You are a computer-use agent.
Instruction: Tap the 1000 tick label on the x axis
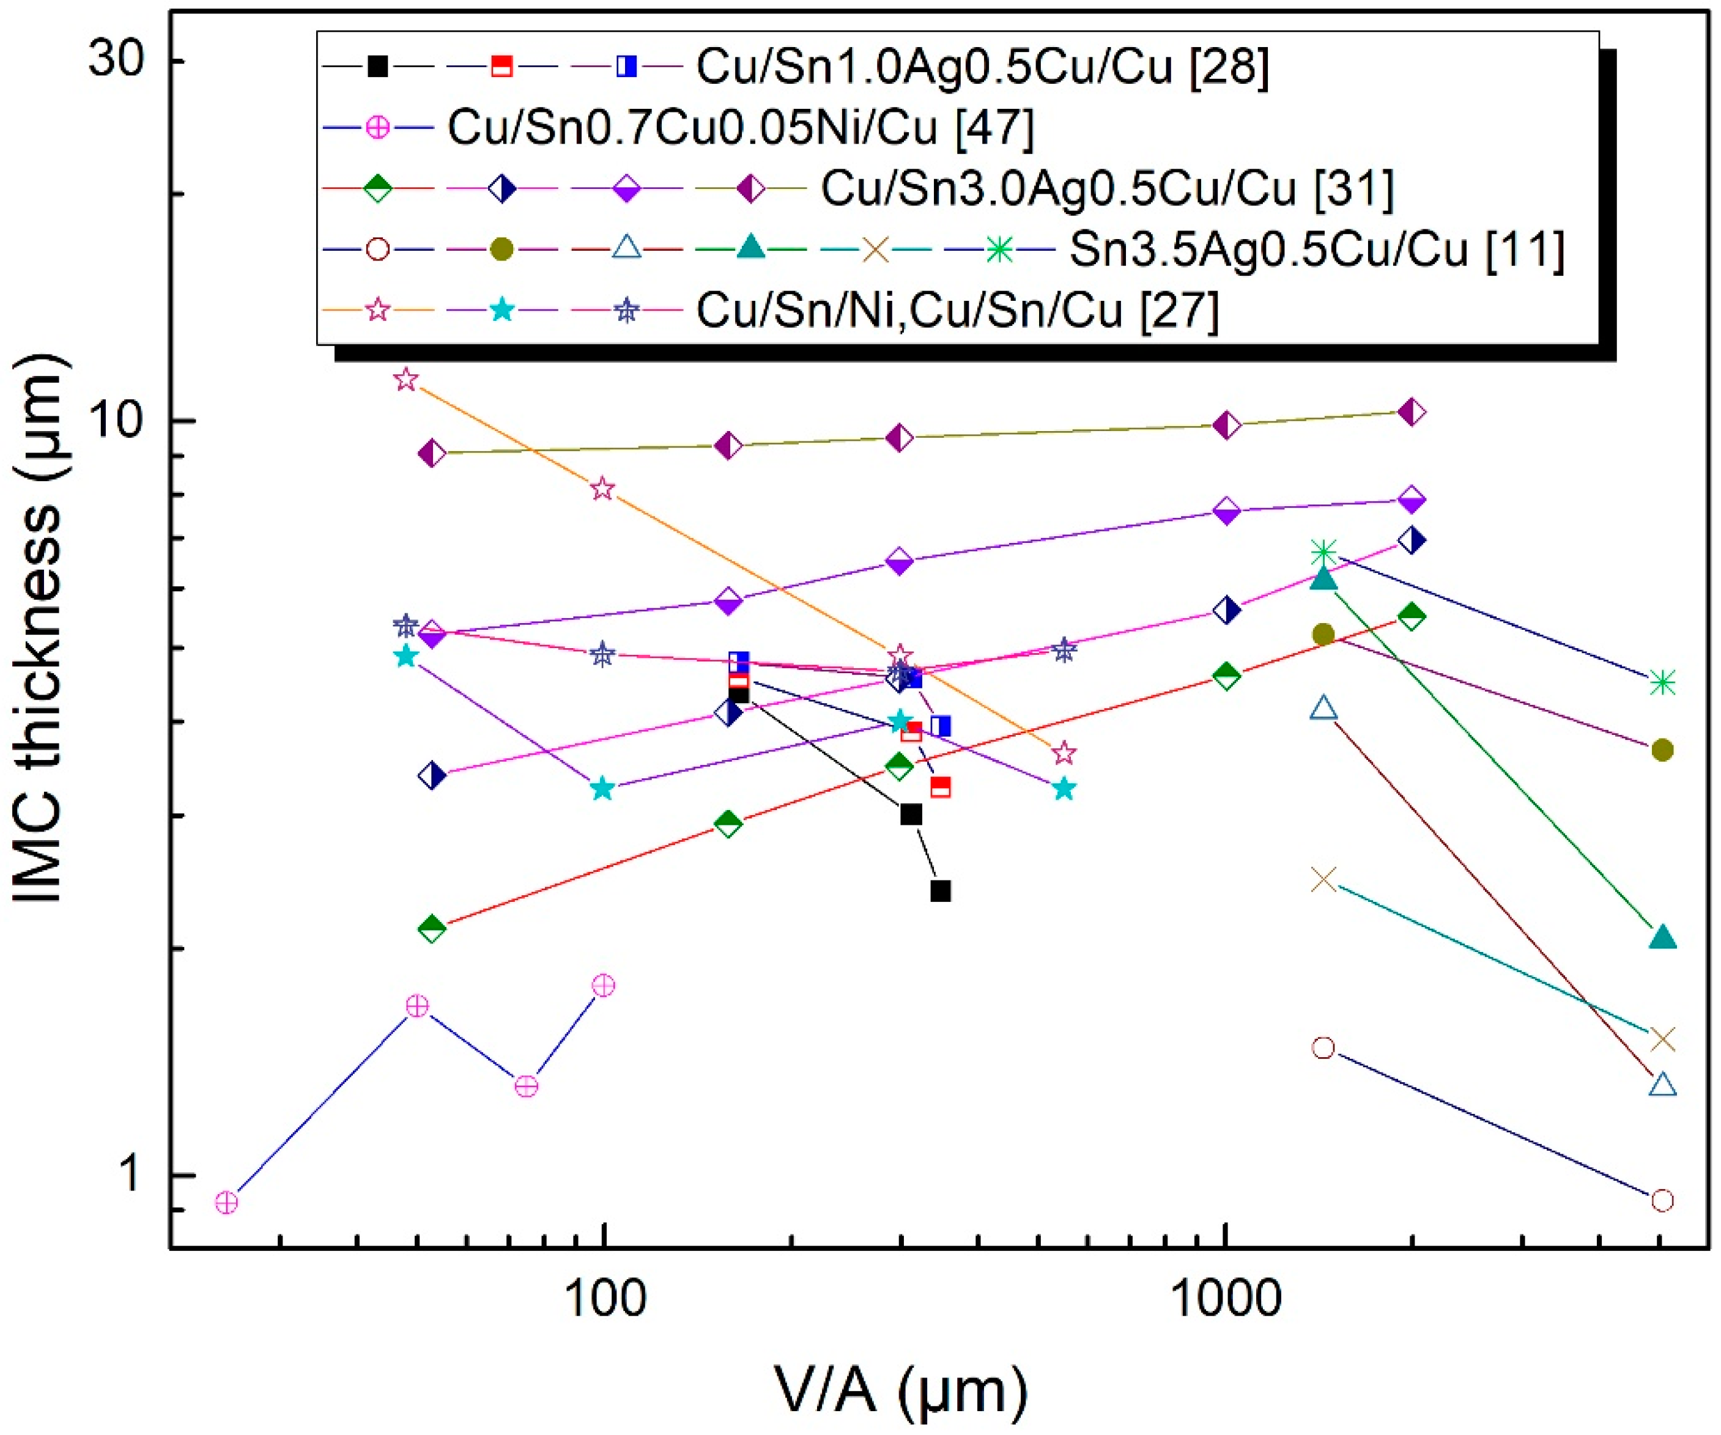(1224, 1300)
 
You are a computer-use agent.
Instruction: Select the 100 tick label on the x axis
(605, 1300)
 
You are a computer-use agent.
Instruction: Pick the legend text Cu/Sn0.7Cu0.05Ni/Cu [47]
(740, 127)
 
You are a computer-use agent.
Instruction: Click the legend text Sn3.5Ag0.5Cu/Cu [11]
(1317, 248)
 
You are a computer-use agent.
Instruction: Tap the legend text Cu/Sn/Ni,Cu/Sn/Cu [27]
(957, 310)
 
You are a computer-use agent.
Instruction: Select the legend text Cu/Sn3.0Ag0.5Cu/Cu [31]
(1107, 188)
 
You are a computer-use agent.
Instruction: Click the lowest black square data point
(941, 891)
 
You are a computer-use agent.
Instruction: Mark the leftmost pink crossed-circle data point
(227, 1202)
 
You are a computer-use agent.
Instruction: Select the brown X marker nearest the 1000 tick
(1323, 880)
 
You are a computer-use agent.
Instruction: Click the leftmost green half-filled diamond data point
(432, 929)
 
